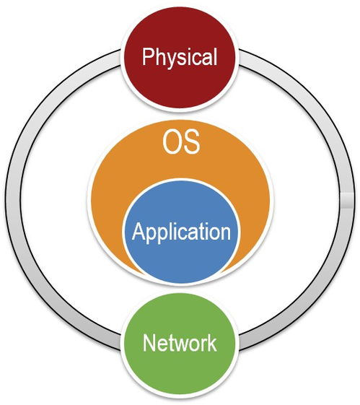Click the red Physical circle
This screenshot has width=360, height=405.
(x=180, y=58)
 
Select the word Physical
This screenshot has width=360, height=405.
(x=180, y=58)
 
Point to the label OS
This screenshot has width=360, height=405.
(x=181, y=142)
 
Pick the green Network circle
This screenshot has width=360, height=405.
(x=180, y=344)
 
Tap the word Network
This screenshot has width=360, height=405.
(x=180, y=343)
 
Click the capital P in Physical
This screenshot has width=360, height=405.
(x=148, y=56)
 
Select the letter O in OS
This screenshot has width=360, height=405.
(x=171, y=142)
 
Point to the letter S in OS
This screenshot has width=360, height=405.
(x=191, y=142)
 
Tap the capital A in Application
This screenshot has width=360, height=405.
(x=139, y=231)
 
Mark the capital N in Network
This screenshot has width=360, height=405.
(x=149, y=343)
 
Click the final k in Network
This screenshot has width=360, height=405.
(x=212, y=343)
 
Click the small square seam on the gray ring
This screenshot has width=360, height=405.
(x=348, y=200)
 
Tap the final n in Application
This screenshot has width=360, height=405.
(x=226, y=233)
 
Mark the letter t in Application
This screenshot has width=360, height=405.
(x=198, y=232)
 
